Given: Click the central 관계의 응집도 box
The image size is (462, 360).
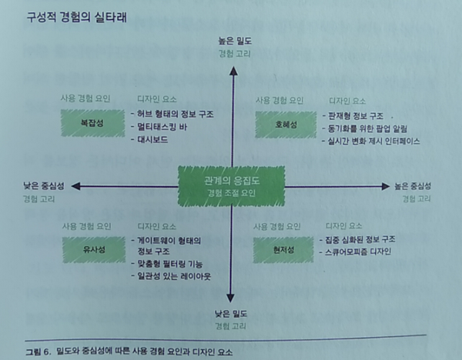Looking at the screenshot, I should (x=231, y=185).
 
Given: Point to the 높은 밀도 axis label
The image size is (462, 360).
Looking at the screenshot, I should (x=233, y=39).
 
